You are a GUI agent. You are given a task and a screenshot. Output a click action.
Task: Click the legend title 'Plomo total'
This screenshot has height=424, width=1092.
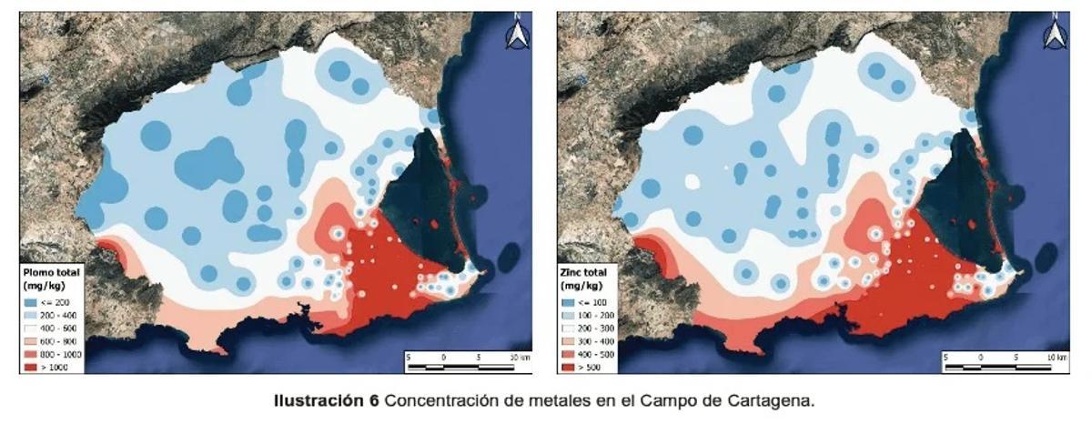[x=52, y=272]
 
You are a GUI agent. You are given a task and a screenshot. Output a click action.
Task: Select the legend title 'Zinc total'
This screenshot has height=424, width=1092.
[x=586, y=272]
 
